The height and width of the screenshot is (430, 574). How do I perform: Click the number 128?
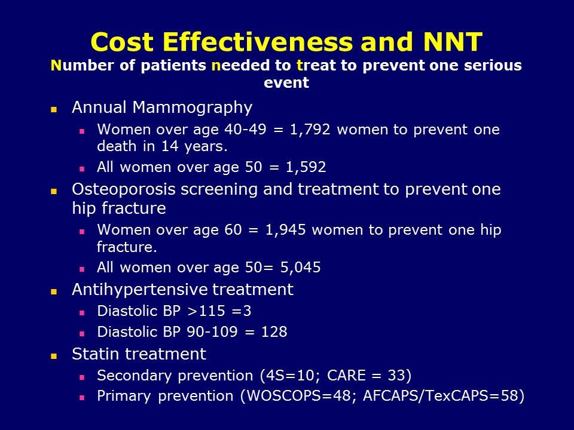pos(274,332)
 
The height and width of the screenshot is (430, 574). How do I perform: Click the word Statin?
pos(93,354)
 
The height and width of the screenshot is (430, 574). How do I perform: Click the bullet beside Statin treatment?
pos(54,355)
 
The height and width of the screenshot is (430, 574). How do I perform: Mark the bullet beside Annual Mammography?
pos(54,109)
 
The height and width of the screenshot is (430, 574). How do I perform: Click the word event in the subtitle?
pos(286,83)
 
